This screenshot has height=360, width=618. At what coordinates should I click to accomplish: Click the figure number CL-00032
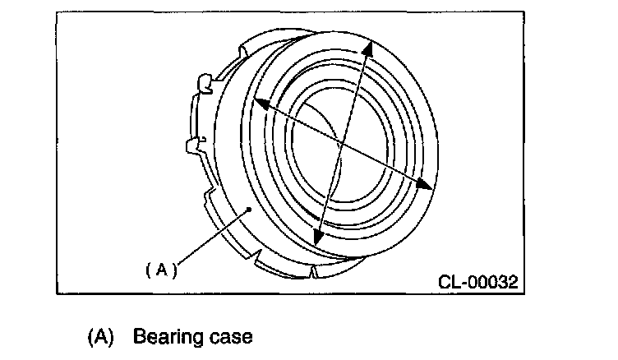(478, 282)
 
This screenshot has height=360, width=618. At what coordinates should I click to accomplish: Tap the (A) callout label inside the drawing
(162, 269)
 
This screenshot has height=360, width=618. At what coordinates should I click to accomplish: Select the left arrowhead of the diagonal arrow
(258, 103)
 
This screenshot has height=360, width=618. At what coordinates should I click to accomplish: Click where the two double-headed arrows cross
(339, 145)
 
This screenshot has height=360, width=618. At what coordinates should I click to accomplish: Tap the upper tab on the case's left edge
(204, 82)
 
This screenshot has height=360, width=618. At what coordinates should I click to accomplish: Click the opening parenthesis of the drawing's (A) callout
(150, 269)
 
